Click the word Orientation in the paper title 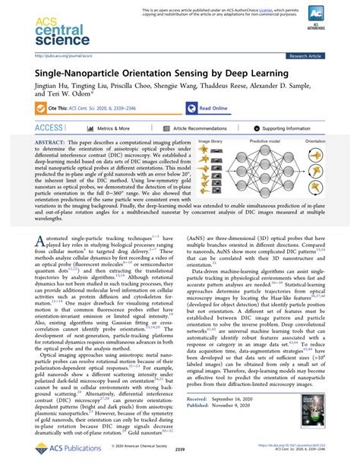point(140,73)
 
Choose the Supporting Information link point(292,129)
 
